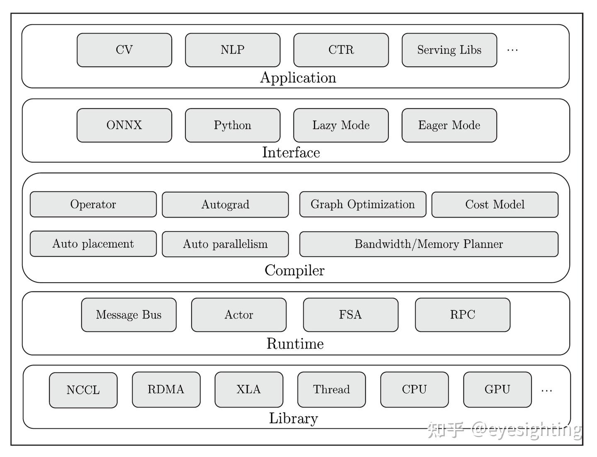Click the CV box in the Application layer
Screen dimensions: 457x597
pyautogui.click(x=124, y=50)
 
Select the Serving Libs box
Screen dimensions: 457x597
pyautogui.click(x=449, y=50)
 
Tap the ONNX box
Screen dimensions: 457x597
pyautogui.click(x=124, y=125)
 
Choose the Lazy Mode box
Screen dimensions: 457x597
pyautogui.click(x=341, y=125)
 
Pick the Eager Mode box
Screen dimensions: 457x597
pyautogui.click(x=449, y=125)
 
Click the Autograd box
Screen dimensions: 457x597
pyautogui.click(x=225, y=204)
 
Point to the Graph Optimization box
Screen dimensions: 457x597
pyautogui.click(x=363, y=204)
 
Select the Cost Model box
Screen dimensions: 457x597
pyautogui.click(x=495, y=204)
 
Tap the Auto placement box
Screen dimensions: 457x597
pyautogui.click(x=93, y=244)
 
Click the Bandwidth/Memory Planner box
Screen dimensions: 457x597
pyautogui.click(x=429, y=244)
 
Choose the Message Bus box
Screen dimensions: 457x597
pyautogui.click(x=129, y=315)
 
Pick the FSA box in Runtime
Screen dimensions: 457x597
pyautogui.click(x=350, y=315)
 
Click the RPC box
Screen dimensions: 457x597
pyautogui.click(x=462, y=315)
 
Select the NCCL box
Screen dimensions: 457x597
pyautogui.click(x=83, y=390)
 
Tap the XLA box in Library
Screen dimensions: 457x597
pyautogui.click(x=249, y=390)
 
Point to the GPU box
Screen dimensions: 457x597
pyautogui.click(x=497, y=390)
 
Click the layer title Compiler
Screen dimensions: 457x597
pyautogui.click(x=294, y=270)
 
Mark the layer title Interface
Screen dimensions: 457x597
pyautogui.click(x=291, y=152)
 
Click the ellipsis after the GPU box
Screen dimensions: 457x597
pyautogui.click(x=546, y=390)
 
